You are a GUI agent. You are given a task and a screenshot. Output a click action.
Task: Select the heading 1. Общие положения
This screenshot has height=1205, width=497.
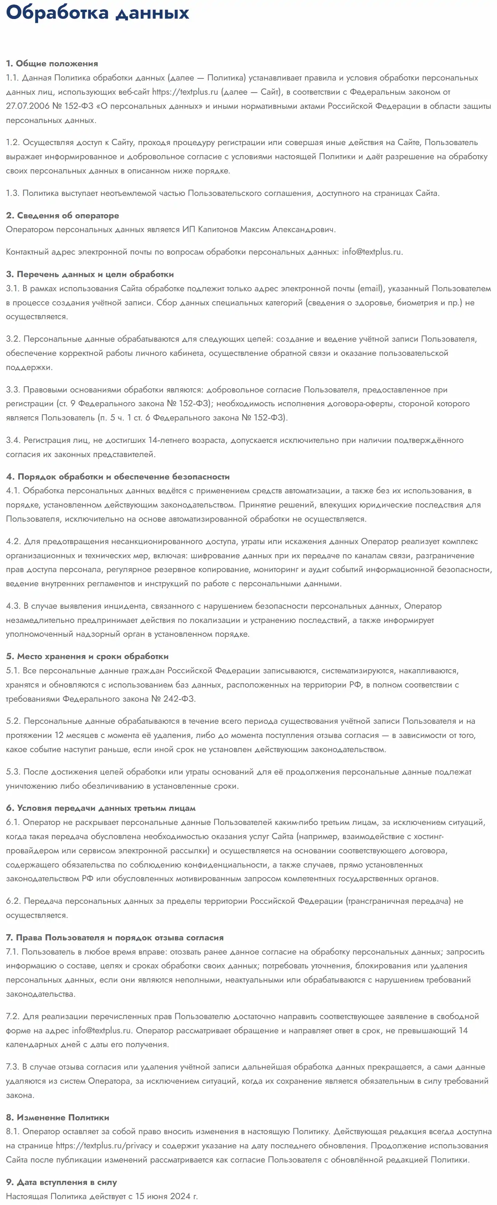52,64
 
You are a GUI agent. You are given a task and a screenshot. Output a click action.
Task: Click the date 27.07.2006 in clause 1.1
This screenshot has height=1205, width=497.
28,106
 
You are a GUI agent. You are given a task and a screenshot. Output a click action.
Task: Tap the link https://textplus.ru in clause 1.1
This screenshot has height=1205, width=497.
185,92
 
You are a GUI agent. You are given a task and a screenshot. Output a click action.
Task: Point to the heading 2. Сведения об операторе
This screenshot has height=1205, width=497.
62,216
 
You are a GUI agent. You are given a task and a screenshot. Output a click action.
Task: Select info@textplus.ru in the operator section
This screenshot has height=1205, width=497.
371,252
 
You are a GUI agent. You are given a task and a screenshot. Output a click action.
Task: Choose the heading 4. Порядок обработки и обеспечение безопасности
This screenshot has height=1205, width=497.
117,477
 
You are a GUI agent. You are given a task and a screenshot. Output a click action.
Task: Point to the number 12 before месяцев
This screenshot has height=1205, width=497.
59,736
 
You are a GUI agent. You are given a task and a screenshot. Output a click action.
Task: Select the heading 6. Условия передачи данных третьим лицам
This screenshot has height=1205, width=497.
101,808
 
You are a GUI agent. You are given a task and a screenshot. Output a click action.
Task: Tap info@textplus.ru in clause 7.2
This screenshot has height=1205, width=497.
102,1031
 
